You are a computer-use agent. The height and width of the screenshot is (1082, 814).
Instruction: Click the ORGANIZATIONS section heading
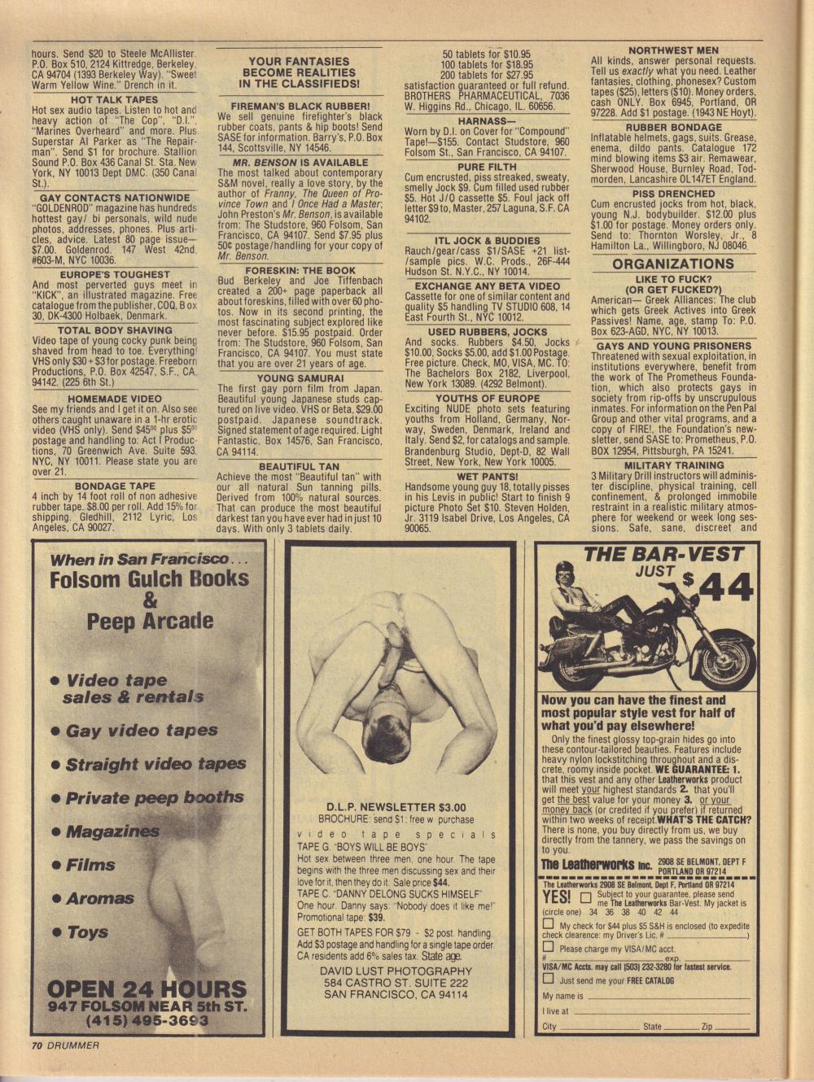pos(672,264)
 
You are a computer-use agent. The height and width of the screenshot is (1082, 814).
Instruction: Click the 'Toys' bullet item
pos(87,932)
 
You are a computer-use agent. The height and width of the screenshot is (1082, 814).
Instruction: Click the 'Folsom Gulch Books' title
pos(149,579)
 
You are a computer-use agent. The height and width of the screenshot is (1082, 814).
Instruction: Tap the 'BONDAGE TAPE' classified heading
pos(115,486)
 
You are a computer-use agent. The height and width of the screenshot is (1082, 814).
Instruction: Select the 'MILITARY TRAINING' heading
pos(674,465)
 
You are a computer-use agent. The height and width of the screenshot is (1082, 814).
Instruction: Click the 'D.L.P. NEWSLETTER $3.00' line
pos(396,807)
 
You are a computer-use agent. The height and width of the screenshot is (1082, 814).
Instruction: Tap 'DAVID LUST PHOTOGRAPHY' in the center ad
pos(396,971)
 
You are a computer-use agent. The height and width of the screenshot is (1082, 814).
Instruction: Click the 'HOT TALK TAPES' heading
pos(115,99)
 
